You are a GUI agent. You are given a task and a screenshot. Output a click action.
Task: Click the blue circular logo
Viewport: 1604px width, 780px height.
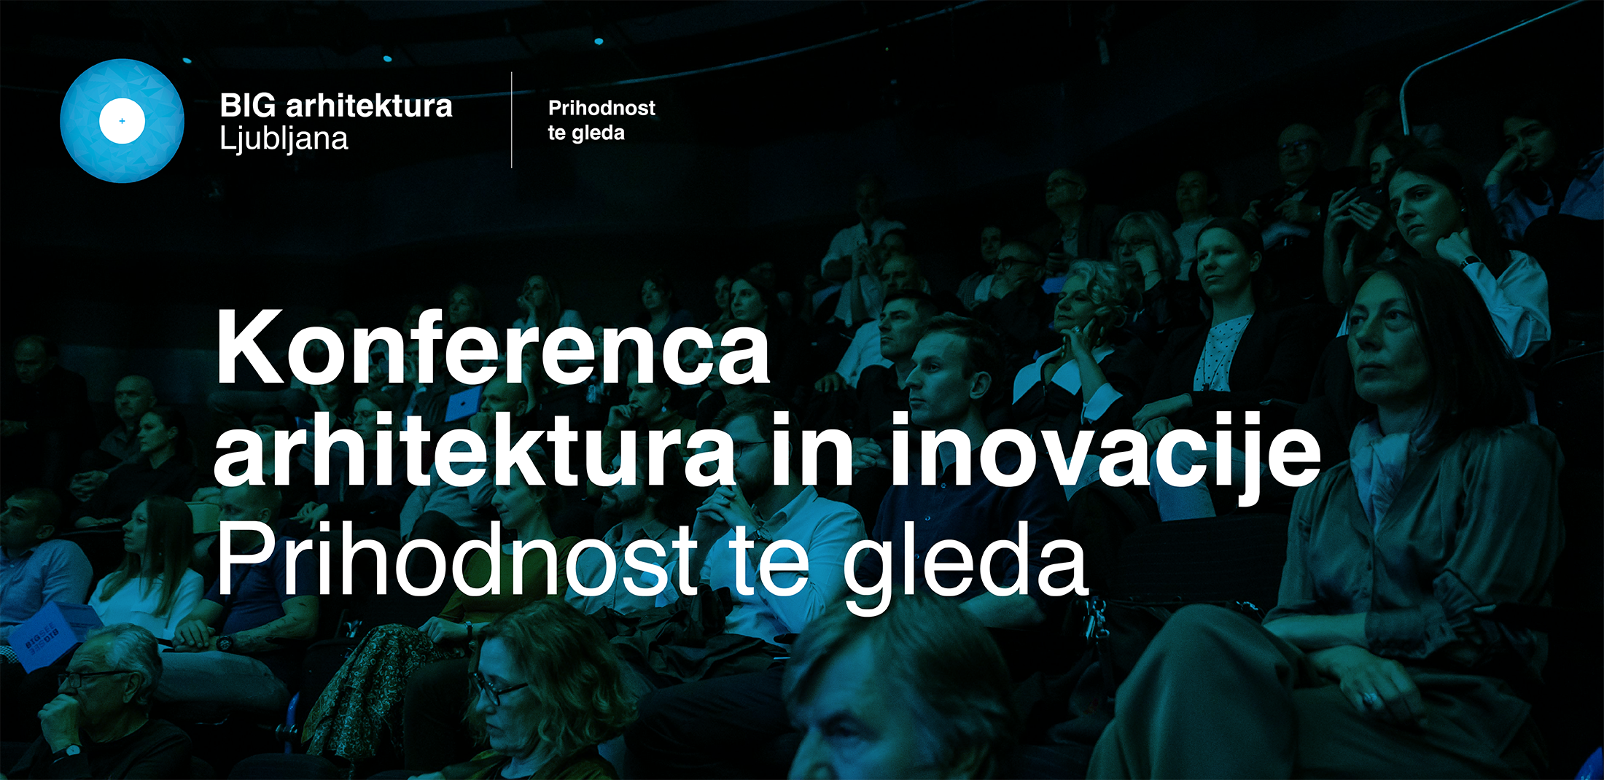point(122,121)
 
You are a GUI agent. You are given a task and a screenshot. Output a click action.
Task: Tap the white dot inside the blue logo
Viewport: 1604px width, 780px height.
point(122,121)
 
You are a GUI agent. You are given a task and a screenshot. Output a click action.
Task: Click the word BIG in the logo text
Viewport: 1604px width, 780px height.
point(248,106)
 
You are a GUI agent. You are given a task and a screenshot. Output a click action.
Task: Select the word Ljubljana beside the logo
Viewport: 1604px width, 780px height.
point(284,139)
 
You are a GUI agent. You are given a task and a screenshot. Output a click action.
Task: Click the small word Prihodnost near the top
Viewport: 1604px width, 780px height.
point(601,108)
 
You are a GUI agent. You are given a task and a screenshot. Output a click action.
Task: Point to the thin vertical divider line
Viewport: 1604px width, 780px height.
point(512,120)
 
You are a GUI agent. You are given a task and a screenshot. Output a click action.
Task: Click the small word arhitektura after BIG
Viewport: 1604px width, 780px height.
point(369,106)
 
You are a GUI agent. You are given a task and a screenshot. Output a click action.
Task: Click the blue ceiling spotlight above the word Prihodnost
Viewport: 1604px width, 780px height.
point(599,42)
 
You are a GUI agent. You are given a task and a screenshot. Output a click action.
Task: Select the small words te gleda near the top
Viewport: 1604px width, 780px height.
point(586,133)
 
